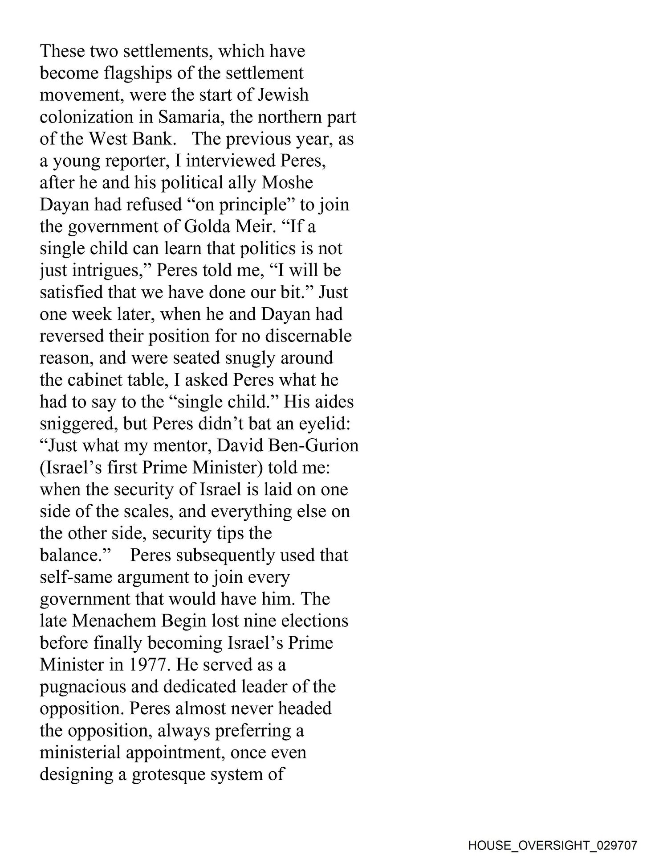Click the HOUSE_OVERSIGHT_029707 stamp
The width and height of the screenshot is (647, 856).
click(x=553, y=845)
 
